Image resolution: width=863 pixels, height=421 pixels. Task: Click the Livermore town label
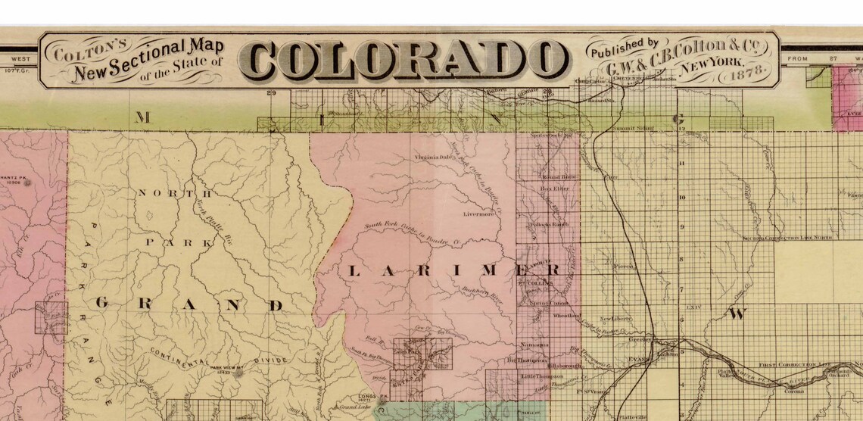click(479, 214)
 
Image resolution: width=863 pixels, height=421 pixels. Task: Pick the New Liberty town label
click(615, 319)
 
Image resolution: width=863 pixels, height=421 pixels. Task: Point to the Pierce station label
click(622, 267)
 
